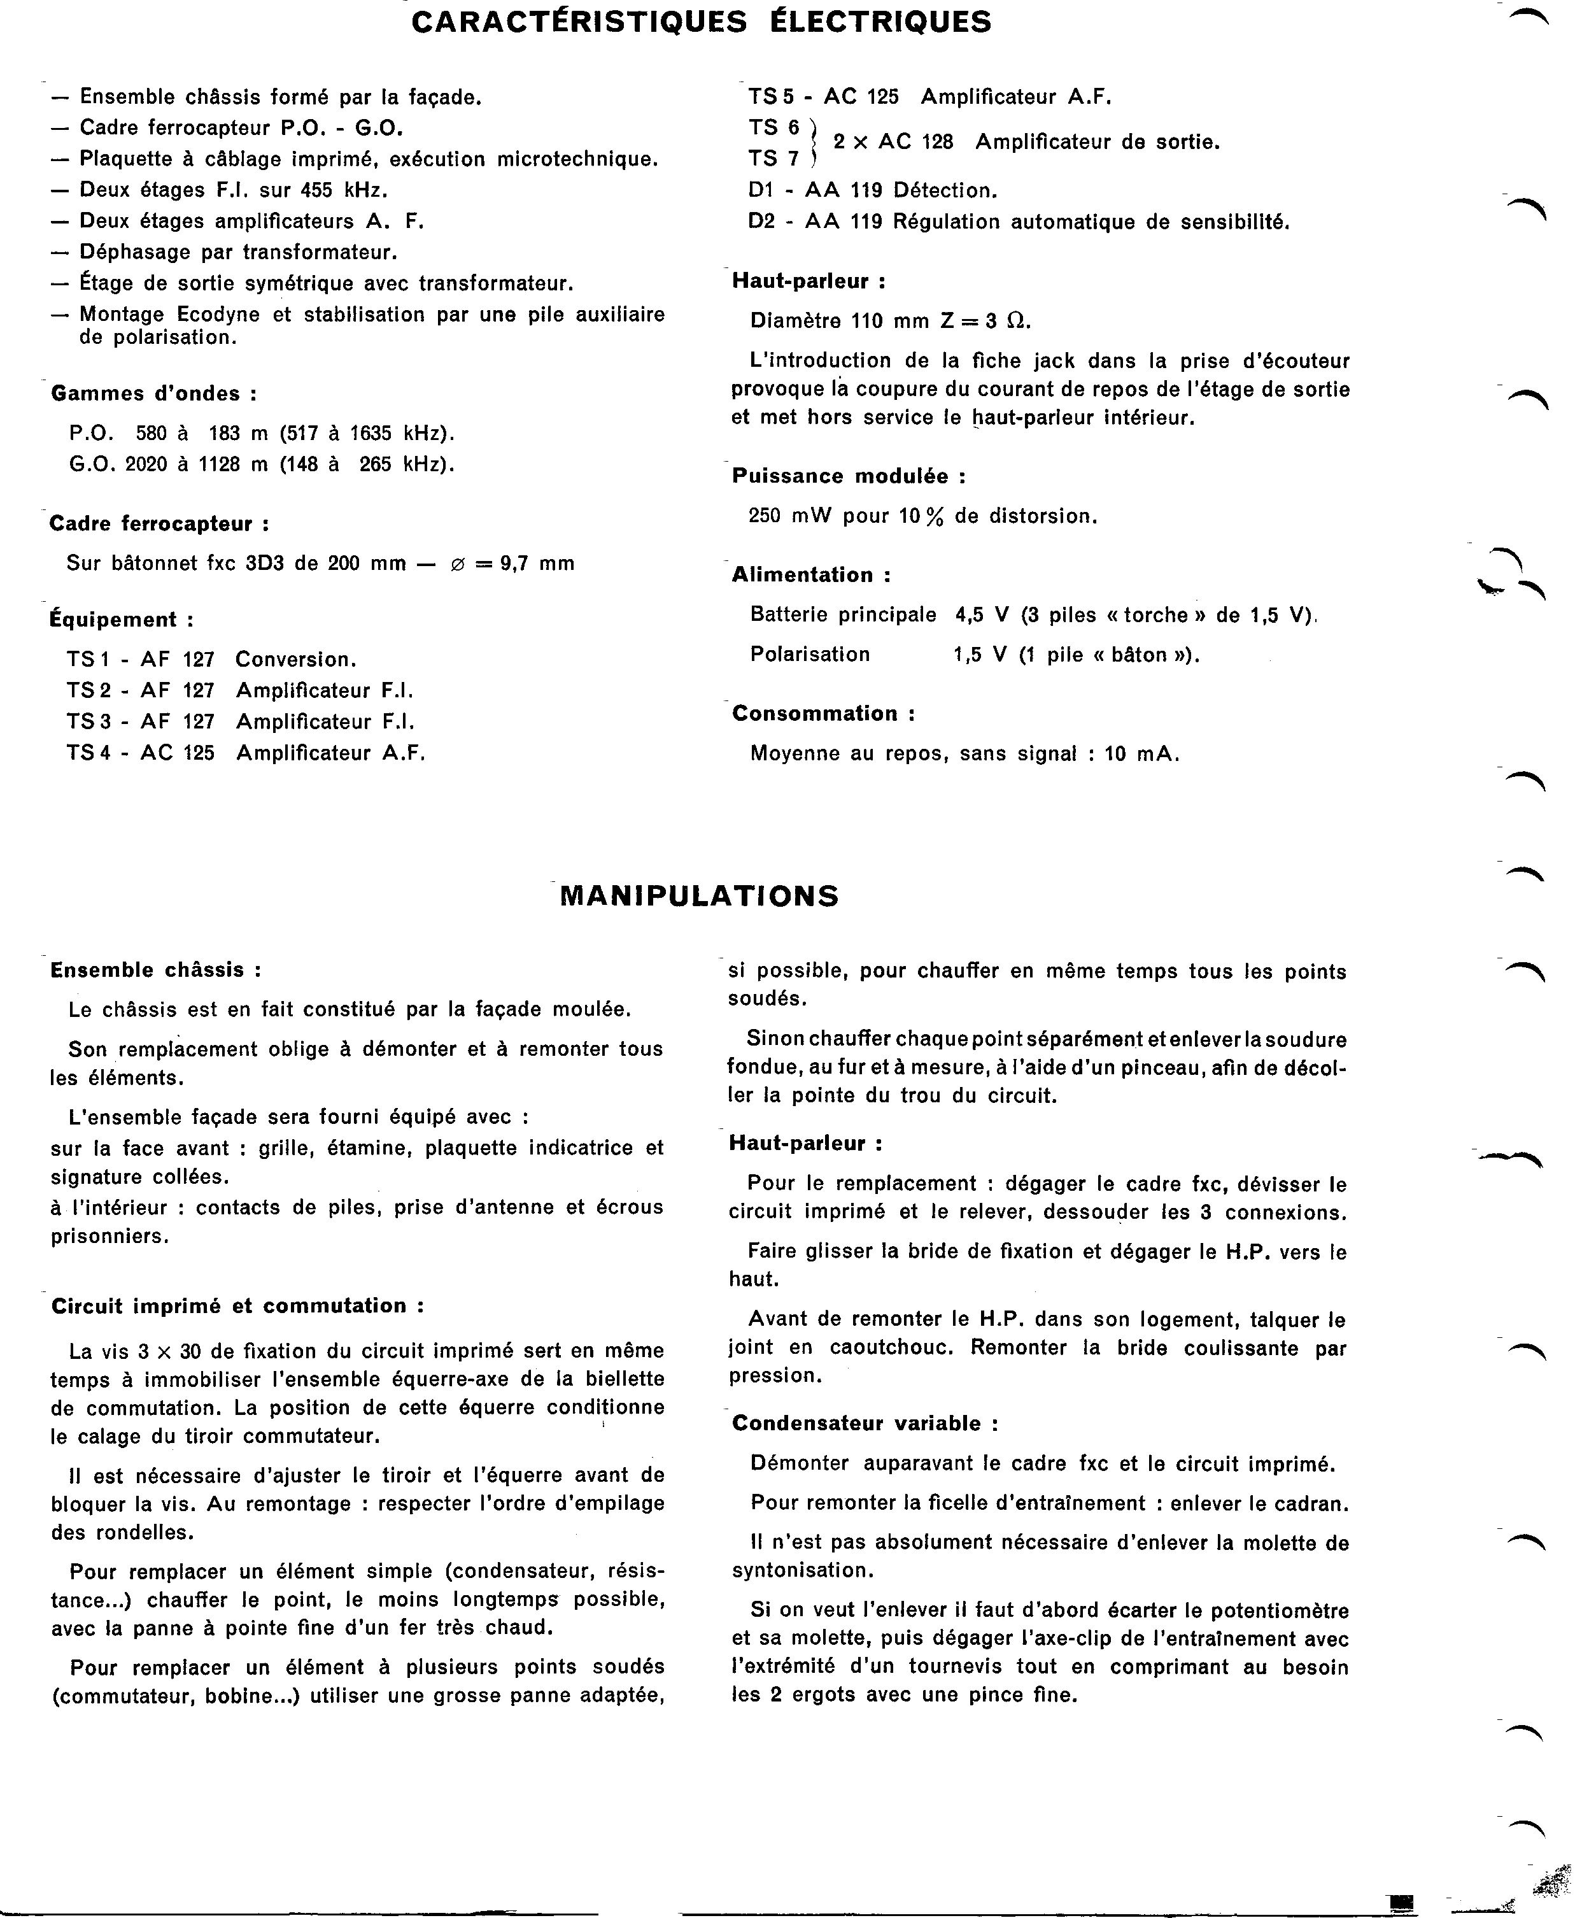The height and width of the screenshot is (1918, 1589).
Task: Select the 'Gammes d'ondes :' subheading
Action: [x=153, y=394]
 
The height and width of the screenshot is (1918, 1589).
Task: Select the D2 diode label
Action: [x=761, y=222]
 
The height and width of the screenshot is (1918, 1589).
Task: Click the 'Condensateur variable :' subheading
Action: [x=865, y=1423]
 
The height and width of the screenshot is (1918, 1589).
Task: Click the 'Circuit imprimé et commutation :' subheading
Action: [x=237, y=1306]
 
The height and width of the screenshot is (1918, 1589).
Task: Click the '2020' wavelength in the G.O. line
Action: [x=146, y=464]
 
